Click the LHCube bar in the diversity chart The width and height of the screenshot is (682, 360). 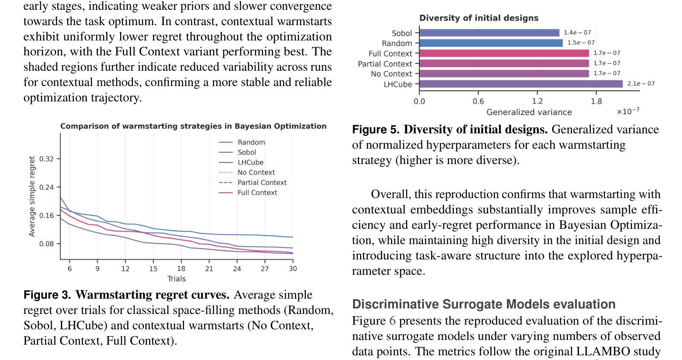tap(521, 84)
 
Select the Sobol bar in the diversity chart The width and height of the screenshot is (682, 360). tap(489, 33)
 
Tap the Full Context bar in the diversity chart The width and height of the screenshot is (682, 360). tap(504, 53)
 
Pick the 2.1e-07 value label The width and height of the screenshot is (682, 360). tap(641, 84)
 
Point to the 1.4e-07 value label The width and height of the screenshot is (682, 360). tap(577, 32)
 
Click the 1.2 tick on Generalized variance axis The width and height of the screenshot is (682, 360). tap(537, 101)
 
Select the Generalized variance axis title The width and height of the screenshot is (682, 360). tap(529, 112)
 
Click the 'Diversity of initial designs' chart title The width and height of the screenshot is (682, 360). tap(479, 18)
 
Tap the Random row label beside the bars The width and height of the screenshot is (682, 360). tap(397, 43)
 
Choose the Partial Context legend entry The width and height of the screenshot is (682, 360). tap(262, 182)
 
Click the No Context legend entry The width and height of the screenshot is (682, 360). tap(256, 173)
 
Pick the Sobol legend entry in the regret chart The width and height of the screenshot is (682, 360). tap(247, 152)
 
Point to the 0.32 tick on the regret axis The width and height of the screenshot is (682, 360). tap(46, 159)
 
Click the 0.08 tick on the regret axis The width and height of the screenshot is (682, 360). tap(46, 244)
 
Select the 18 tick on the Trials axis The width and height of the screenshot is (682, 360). tap(181, 268)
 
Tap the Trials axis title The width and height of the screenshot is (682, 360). tap(176, 279)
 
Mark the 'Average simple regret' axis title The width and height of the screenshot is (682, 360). tap(32, 196)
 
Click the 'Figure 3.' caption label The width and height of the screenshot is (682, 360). tap(47, 295)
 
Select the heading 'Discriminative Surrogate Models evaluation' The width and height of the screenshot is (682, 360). tap(483, 304)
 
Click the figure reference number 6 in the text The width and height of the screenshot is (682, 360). tap(392, 321)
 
